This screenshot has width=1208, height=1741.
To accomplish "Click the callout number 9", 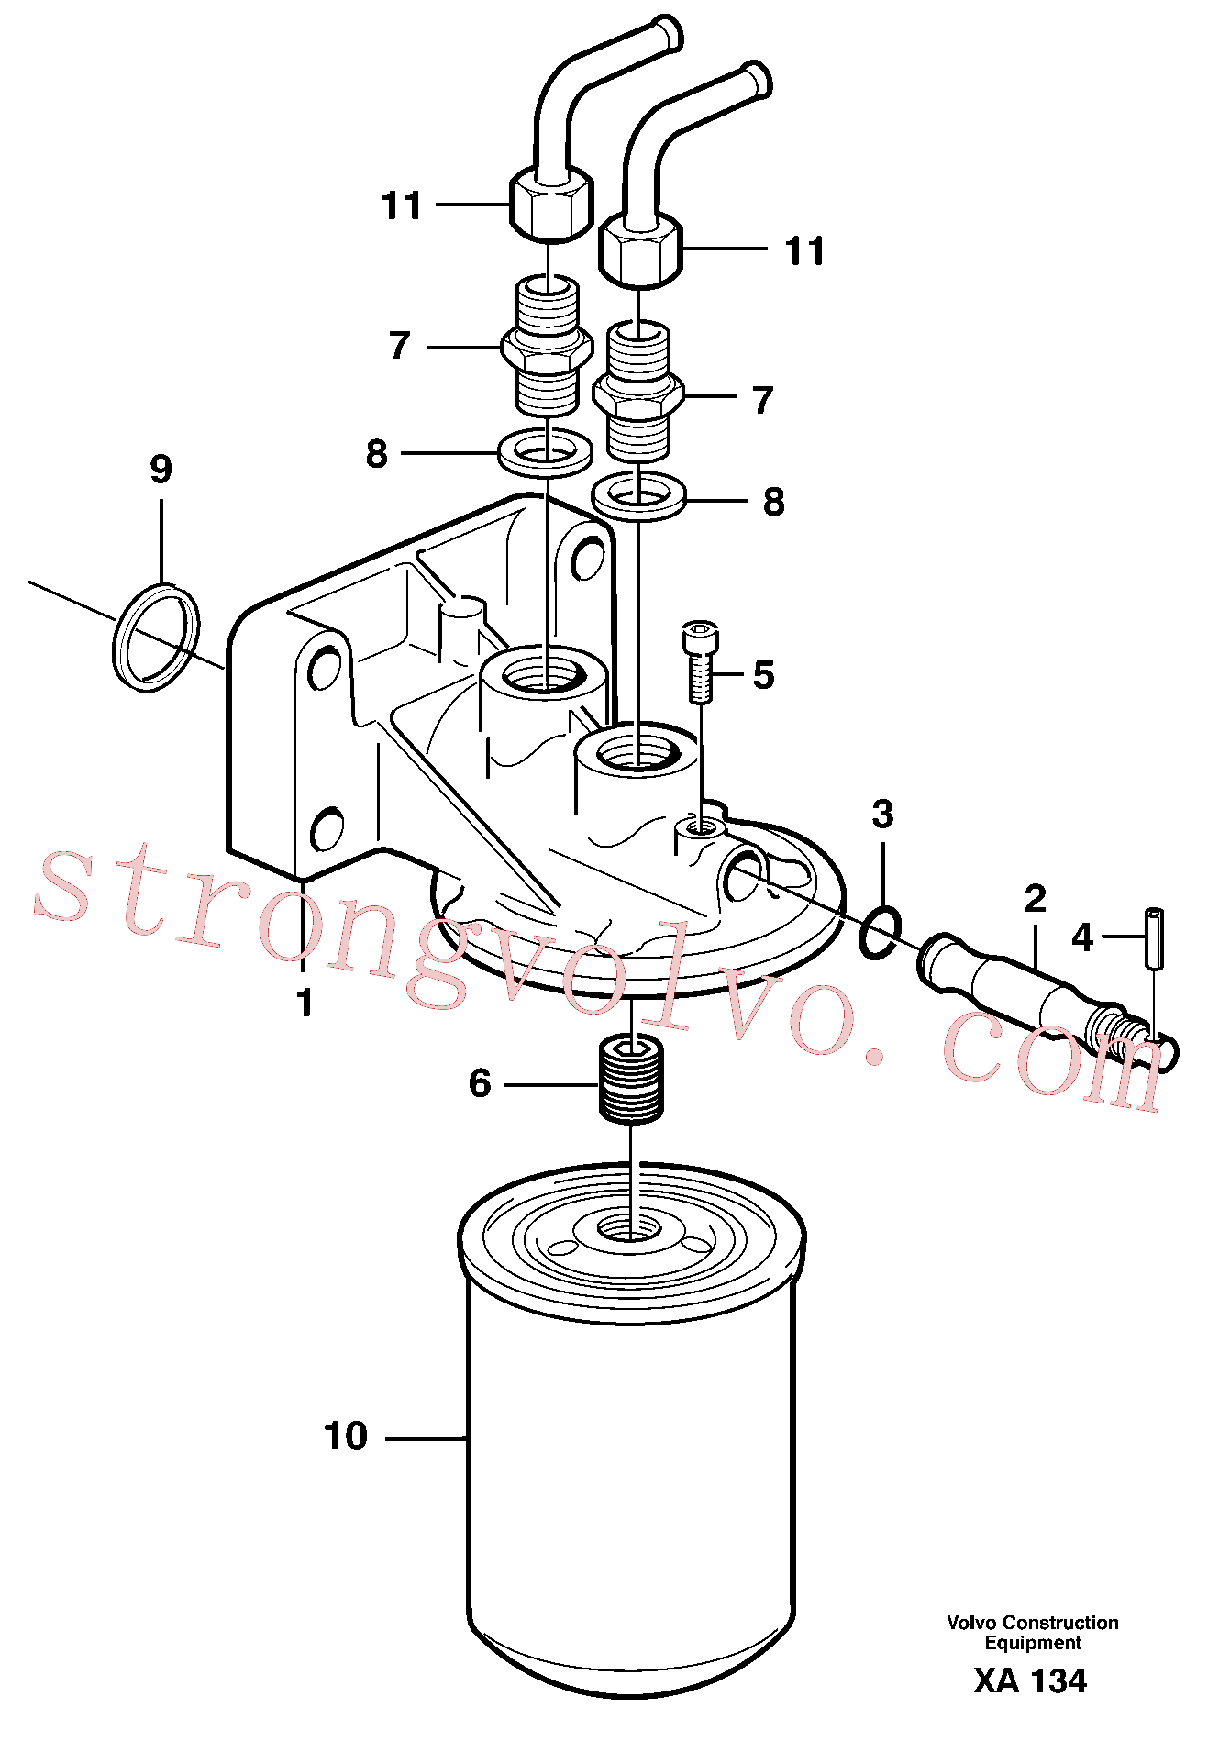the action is point(161,469).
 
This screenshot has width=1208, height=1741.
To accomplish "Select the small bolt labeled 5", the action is point(699,662).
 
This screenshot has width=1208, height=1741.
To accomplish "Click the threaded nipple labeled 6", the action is point(631,1079).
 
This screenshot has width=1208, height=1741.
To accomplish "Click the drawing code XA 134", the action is point(1030,1680).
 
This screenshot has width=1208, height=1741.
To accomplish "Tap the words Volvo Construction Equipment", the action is point(1033,1632).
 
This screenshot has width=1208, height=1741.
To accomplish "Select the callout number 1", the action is point(305,1003).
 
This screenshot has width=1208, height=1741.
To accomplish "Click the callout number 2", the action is point(1035,898).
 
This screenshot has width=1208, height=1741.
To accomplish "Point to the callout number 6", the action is point(480,1083).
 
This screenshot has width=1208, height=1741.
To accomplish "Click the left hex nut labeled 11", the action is point(550,204).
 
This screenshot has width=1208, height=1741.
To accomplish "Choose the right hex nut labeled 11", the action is point(641,250).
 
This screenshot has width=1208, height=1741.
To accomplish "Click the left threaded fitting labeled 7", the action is point(546,347).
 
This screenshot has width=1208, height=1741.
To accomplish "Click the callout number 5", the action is point(763,675).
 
